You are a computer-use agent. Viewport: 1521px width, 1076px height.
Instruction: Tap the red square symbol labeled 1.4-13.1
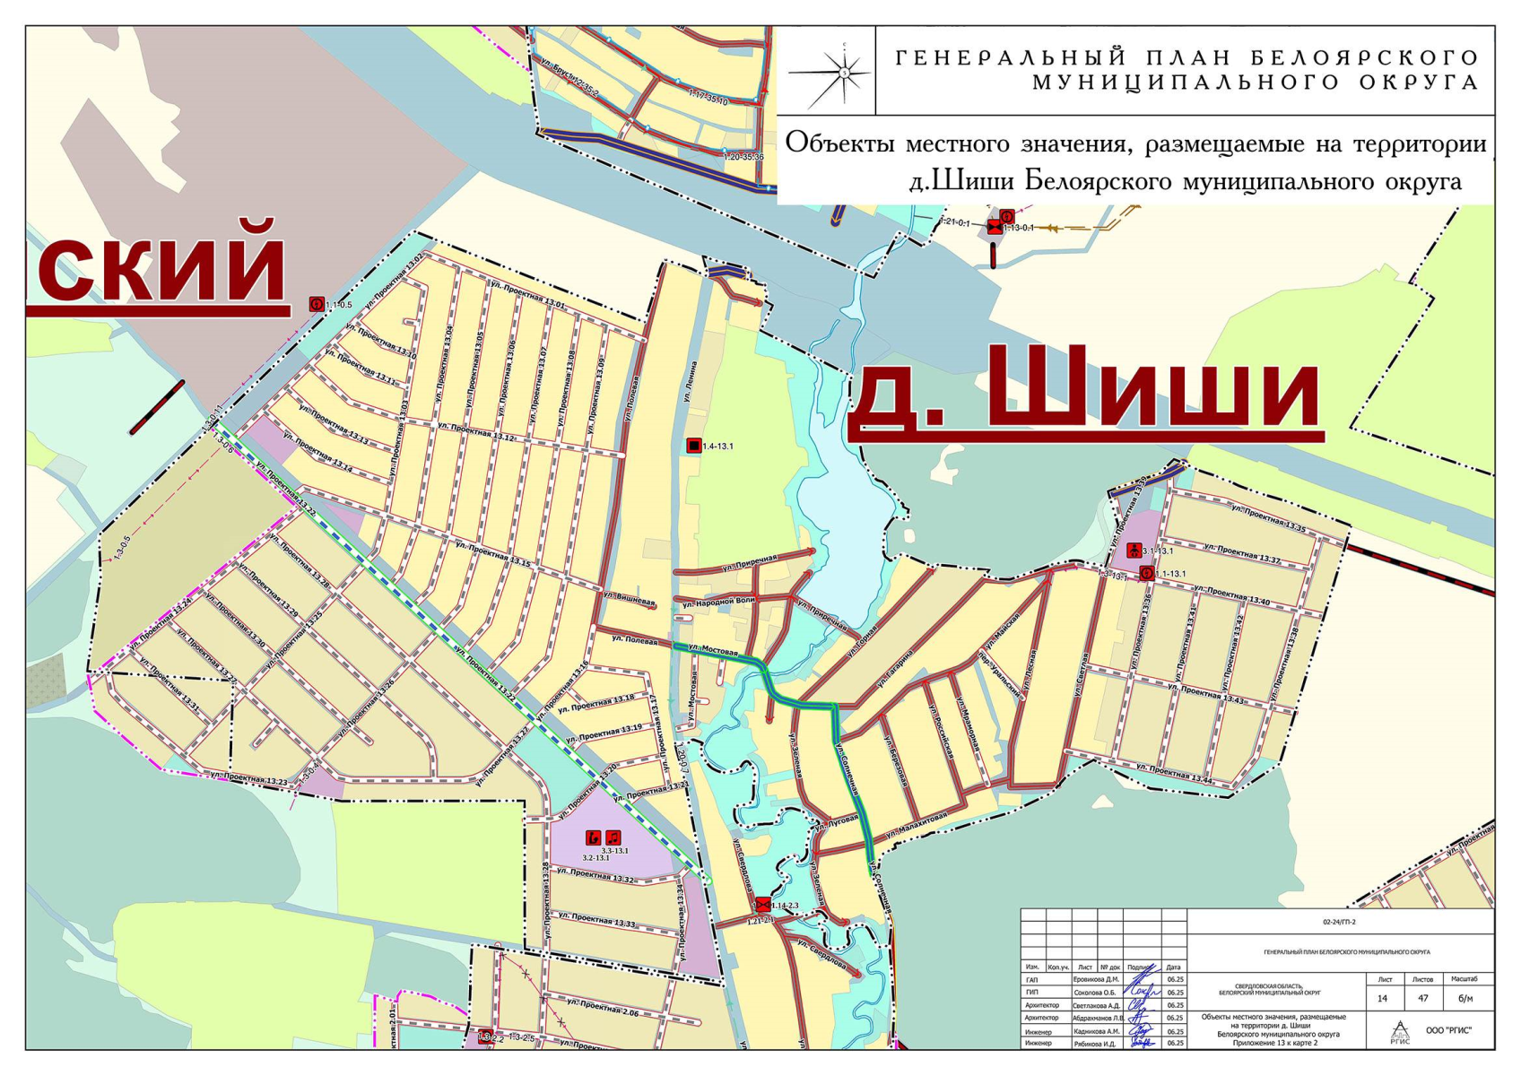pos(693,446)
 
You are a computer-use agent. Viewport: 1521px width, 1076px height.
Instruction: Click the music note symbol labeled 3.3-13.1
pos(613,837)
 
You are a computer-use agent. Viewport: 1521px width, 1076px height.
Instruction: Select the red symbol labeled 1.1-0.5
pos(316,304)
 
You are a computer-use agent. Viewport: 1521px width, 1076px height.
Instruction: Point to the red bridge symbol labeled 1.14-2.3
pos(762,904)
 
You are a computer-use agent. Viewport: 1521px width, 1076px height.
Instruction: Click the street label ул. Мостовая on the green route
pos(712,648)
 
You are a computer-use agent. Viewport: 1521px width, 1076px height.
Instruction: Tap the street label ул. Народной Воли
pos(717,602)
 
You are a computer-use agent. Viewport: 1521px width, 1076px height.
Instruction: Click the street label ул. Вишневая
pos(629,598)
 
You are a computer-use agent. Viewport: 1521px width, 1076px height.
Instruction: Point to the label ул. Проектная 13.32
pos(595,876)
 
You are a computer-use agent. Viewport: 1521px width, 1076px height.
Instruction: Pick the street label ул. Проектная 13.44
pos(1174,774)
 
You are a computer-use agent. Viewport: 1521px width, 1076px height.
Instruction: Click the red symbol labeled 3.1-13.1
pos(1134,551)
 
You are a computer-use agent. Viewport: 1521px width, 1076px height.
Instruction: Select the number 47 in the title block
pos(1422,998)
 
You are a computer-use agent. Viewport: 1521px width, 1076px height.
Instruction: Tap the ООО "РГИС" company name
pos(1447,1030)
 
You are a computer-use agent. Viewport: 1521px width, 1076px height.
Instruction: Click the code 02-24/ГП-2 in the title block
pos(1340,922)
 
